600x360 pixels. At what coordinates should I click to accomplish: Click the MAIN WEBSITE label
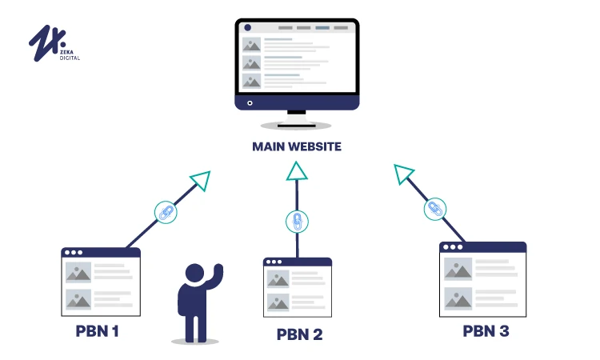point(297,146)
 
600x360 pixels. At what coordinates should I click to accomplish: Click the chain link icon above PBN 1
point(165,213)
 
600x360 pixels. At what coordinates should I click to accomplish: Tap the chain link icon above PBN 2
point(297,221)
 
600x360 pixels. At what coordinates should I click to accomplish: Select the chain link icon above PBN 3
point(434,209)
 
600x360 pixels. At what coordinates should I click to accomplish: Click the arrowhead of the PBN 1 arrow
point(200,181)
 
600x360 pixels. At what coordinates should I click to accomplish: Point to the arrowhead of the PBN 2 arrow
point(297,170)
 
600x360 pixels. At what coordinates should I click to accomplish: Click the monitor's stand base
point(297,125)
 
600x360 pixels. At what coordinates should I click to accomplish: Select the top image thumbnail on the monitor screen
point(252,45)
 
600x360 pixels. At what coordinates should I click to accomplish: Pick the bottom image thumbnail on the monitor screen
point(252,82)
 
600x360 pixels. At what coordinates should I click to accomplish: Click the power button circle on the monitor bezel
point(250,102)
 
